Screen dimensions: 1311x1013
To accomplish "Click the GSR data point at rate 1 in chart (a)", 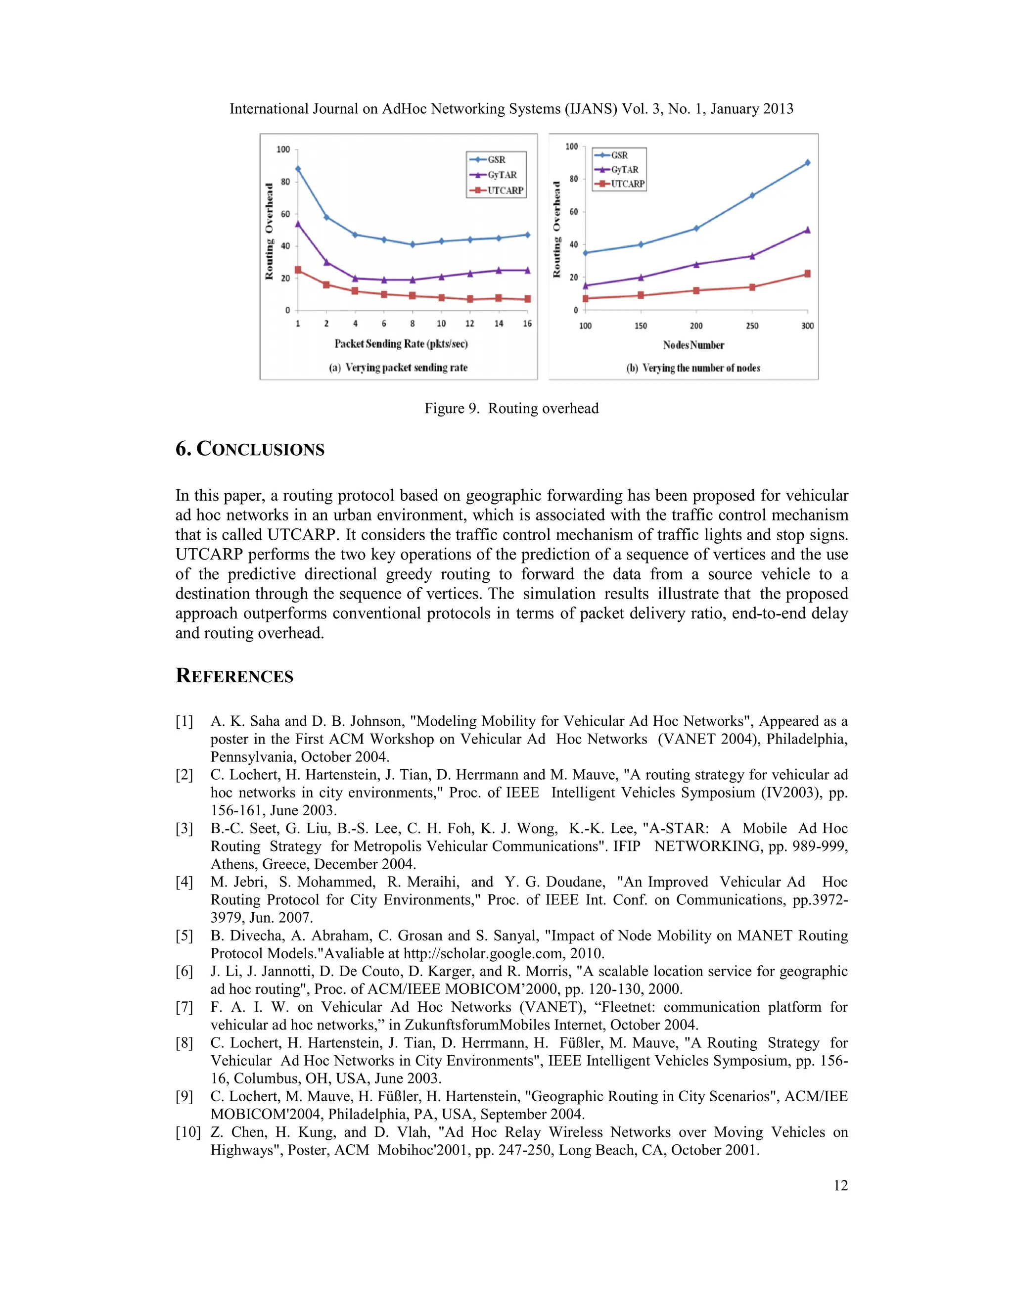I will [x=298, y=169].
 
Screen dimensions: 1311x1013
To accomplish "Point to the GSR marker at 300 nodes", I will [x=807, y=163].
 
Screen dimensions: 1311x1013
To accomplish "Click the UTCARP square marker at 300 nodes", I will [x=807, y=274].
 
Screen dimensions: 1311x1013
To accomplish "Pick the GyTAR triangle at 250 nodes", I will [x=752, y=256].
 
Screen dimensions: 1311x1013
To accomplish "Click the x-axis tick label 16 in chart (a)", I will [x=527, y=324].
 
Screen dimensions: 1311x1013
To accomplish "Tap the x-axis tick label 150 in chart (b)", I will [x=641, y=326].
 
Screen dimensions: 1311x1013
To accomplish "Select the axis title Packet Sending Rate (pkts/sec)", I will [x=401, y=344].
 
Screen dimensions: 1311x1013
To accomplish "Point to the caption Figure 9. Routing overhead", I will [x=511, y=408].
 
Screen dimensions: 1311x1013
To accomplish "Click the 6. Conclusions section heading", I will [x=250, y=449].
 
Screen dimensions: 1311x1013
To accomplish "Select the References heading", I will [x=234, y=676].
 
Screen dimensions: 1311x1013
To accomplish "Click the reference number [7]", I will [x=184, y=1007].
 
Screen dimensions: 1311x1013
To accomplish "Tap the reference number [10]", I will [x=188, y=1132].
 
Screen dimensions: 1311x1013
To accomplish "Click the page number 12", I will [x=840, y=1185].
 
